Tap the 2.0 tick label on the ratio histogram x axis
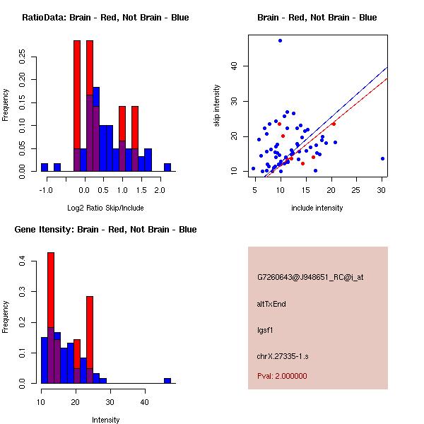pos(160,190)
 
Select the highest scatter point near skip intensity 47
pos(281,41)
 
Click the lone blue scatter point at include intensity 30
pos(382,159)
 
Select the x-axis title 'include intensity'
pos(317,208)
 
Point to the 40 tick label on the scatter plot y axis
pos(232,66)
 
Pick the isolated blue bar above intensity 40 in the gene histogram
pos(167,380)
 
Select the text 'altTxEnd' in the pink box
pos(271,304)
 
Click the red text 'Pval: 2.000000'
pos(282,376)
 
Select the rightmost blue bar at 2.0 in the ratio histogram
pos(167,167)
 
